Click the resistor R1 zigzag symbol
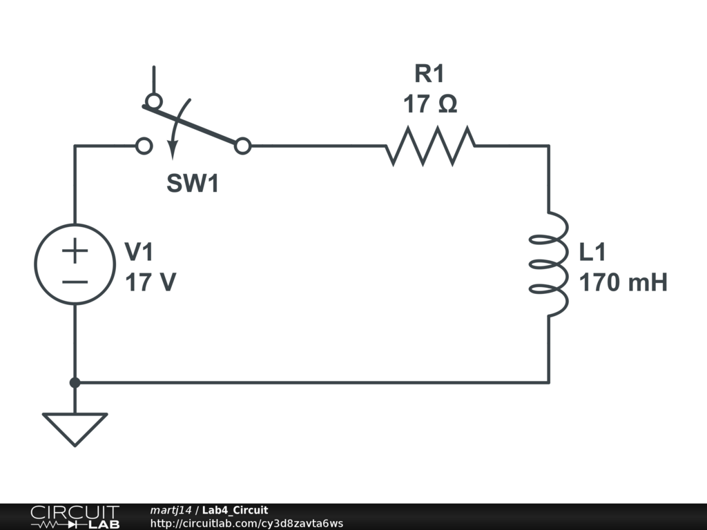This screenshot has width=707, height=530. (x=430, y=146)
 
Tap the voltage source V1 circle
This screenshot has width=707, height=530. (x=75, y=264)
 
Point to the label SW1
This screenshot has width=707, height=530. (x=193, y=184)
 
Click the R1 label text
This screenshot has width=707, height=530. (x=429, y=73)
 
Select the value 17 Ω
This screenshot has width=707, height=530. (x=429, y=104)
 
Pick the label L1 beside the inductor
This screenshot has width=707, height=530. (x=592, y=253)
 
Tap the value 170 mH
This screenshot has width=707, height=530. (x=623, y=283)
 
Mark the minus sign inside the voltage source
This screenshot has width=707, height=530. (x=75, y=282)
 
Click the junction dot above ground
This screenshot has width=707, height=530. (x=75, y=382)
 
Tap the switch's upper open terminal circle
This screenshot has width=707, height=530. (x=154, y=101)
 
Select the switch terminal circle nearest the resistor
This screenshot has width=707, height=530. (x=242, y=146)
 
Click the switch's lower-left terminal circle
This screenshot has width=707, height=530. (x=144, y=146)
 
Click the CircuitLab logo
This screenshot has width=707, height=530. (x=74, y=517)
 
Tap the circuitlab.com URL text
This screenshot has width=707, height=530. (x=246, y=524)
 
